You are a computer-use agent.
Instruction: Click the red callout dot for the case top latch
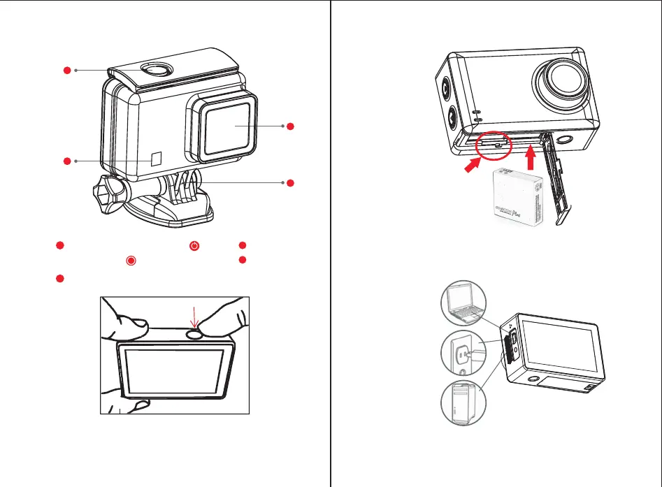pyautogui.click(x=66, y=70)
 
